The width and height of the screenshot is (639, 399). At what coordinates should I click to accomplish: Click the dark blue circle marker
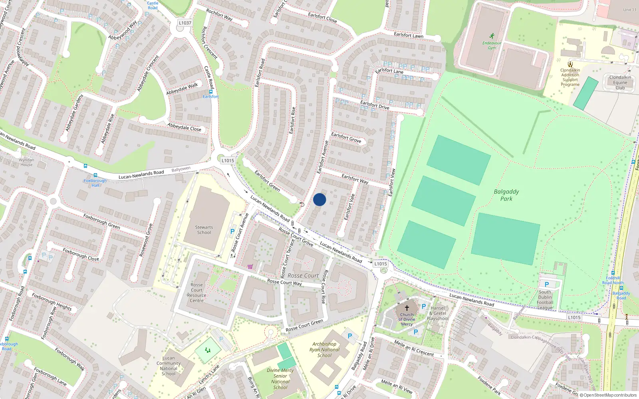coord(319,199)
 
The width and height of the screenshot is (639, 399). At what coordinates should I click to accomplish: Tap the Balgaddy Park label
coord(506,195)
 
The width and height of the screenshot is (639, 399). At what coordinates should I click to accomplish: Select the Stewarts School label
coord(204,230)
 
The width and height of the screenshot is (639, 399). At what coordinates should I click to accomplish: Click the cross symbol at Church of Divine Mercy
coord(407,308)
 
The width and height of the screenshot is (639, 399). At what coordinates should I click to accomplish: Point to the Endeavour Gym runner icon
coord(492,36)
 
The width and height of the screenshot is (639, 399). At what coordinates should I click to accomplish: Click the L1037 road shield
coord(185,23)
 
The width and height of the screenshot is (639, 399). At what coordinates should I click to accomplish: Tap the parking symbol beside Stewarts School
coord(232,231)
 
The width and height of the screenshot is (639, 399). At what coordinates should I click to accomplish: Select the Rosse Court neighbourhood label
coord(303,275)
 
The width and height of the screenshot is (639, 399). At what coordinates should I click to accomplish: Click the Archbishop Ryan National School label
coord(324,350)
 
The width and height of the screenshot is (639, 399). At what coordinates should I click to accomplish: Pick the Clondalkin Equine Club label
coord(620,83)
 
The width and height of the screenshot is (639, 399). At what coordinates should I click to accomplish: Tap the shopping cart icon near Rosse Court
coord(250,267)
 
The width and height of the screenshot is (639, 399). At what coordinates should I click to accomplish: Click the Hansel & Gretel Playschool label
coord(438,313)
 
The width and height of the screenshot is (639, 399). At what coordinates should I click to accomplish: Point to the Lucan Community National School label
coord(169,366)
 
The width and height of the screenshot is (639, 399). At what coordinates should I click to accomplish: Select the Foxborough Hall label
coord(95,183)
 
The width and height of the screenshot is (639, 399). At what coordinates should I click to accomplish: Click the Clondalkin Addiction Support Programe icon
coord(570,64)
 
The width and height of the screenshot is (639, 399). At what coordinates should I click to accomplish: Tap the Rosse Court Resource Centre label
coord(196,293)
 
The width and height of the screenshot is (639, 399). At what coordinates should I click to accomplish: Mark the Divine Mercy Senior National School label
coord(280,379)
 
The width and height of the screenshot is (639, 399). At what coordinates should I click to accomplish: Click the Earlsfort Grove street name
coord(346,138)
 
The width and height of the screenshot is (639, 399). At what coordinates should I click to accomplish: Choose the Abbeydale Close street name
coord(185,127)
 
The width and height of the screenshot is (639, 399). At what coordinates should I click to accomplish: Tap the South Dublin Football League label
coord(545,300)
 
